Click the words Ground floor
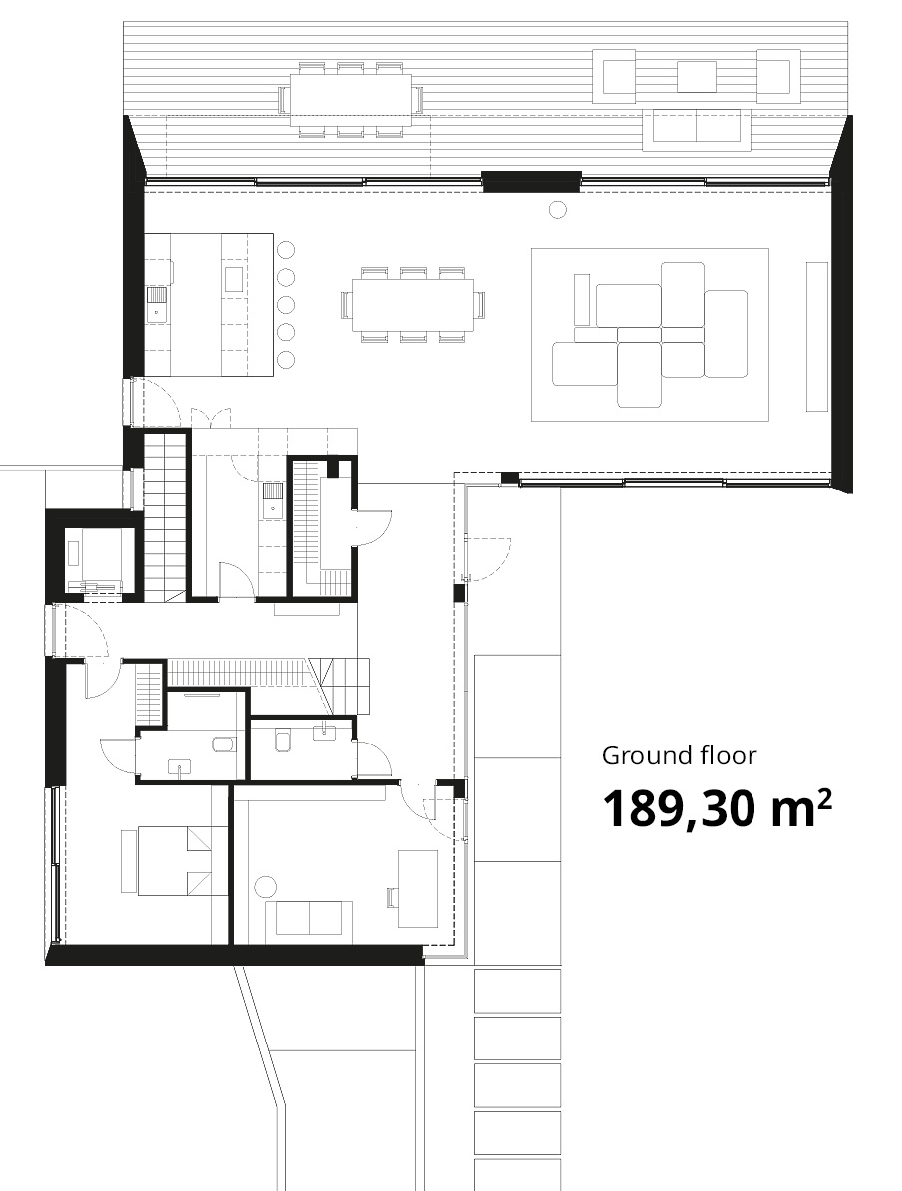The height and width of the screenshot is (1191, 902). (679, 755)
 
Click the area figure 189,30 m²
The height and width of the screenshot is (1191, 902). (717, 808)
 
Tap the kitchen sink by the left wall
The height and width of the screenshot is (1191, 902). (156, 305)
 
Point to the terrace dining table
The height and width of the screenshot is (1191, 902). (350, 100)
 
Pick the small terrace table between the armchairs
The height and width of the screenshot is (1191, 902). (696, 76)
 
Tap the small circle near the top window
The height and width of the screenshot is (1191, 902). (558, 209)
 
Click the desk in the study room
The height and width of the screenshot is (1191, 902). (418, 888)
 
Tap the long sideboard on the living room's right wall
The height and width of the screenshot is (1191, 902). (817, 336)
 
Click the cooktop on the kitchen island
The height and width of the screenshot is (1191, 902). (232, 279)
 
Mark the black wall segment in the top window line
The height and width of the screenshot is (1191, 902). (531, 181)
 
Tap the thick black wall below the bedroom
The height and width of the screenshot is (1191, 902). (233, 955)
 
